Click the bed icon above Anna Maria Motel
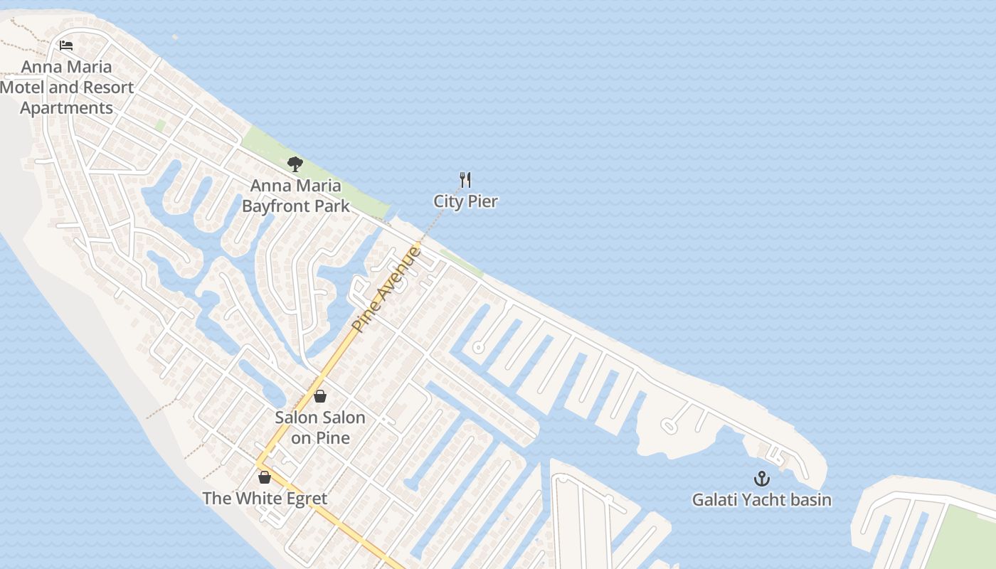pyautogui.click(x=66, y=46)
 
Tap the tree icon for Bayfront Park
pyautogui.click(x=295, y=165)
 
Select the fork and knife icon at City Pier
pyautogui.click(x=465, y=180)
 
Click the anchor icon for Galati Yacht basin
pyautogui.click(x=762, y=479)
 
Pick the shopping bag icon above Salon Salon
pyautogui.click(x=320, y=396)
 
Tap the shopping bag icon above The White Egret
pyautogui.click(x=265, y=477)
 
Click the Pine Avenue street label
pyautogui.click(x=387, y=289)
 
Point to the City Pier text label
pyautogui.click(x=465, y=201)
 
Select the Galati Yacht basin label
pyautogui.click(x=761, y=500)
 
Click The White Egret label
pyautogui.click(x=265, y=498)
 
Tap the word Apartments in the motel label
pyautogui.click(x=66, y=108)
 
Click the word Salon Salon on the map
pyautogui.click(x=320, y=418)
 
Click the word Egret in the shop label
pyautogui.click(x=302, y=498)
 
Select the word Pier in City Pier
pyautogui.click(x=483, y=201)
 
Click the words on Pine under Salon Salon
pyautogui.click(x=320, y=437)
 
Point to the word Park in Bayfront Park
pyautogui.click(x=334, y=206)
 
